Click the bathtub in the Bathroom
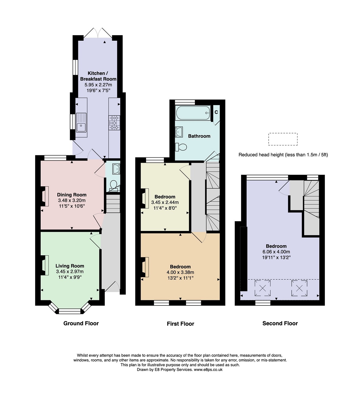click(x=193, y=113)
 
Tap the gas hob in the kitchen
click(x=114, y=122)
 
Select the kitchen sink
click(x=81, y=122)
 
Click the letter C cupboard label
click(x=216, y=112)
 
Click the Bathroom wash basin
click(x=179, y=132)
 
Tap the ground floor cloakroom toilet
click(x=114, y=186)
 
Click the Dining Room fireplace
click(x=45, y=196)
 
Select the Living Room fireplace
click(x=45, y=265)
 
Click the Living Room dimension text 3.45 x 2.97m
click(x=70, y=271)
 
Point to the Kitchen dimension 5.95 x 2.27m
click(x=98, y=85)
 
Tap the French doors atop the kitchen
click(x=98, y=33)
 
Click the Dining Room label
click(x=72, y=195)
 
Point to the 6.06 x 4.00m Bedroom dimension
click(x=276, y=252)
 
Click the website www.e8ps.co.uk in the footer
click(x=208, y=370)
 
